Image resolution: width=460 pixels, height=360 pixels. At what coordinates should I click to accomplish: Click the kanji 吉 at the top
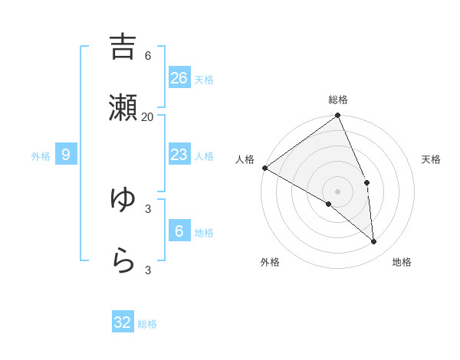coord(123,47)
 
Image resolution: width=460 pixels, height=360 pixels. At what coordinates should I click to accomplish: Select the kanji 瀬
coord(123,108)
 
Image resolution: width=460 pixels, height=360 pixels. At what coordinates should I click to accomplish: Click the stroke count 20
coord(147,116)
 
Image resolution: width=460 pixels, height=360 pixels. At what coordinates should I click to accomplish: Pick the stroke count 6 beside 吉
coord(147,56)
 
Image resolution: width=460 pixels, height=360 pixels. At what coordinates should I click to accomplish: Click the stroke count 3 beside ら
coord(147,270)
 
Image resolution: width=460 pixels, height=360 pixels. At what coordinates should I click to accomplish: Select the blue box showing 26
coord(179,78)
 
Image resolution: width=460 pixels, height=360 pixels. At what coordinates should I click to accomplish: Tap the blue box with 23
coord(179,155)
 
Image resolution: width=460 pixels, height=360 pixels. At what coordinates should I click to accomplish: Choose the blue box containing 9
coord(66,155)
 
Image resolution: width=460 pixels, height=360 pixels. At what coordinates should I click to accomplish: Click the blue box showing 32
coord(123,322)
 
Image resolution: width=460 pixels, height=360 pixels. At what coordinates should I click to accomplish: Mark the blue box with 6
coord(179,231)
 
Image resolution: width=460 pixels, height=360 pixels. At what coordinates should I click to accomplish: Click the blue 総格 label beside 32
coord(147,324)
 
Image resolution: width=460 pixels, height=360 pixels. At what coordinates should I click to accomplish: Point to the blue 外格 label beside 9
coord(41,156)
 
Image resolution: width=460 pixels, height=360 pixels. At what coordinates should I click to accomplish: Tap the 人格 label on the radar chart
coord(245,159)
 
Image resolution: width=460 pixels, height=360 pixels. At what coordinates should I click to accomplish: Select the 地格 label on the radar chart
coord(402,262)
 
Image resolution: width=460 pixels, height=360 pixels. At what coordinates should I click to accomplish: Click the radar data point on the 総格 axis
coord(337,116)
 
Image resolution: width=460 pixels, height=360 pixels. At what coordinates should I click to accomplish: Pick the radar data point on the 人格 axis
coord(264,168)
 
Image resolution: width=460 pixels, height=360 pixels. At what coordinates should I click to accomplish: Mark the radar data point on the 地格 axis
coord(373,241)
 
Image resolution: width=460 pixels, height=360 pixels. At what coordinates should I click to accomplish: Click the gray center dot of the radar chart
coord(337,191)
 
